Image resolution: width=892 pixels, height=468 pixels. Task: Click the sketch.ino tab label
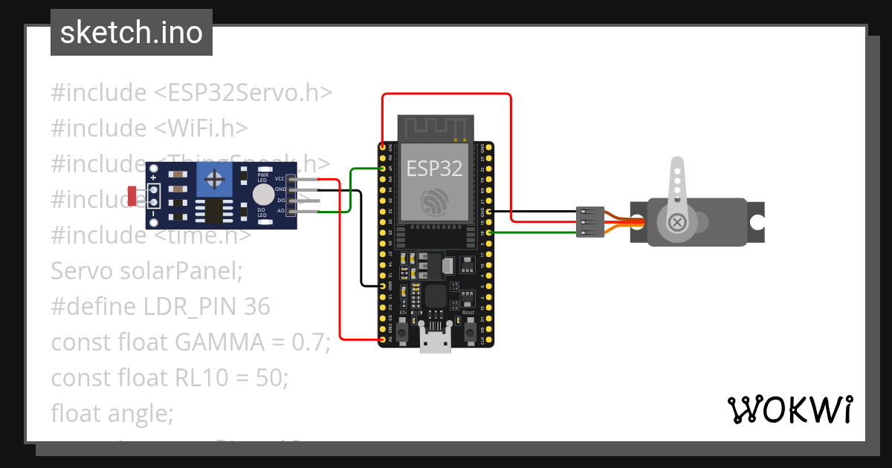pyautogui.click(x=132, y=33)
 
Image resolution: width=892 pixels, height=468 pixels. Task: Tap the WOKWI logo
pyautogui.click(x=789, y=409)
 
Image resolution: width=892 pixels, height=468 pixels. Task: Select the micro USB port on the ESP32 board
pyautogui.click(x=435, y=341)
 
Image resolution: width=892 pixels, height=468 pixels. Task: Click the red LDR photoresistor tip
pyautogui.click(x=132, y=196)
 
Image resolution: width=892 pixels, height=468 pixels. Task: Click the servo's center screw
pyautogui.click(x=677, y=221)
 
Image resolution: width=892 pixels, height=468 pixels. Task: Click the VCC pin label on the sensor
pyautogui.click(x=279, y=179)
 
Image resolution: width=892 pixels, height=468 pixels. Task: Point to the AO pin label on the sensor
pyautogui.click(x=281, y=211)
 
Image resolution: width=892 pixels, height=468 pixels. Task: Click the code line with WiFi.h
pyautogui.click(x=149, y=128)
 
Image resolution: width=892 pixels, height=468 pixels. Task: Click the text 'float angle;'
pyautogui.click(x=111, y=413)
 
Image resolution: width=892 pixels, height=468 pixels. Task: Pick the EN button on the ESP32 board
pyautogui.click(x=402, y=334)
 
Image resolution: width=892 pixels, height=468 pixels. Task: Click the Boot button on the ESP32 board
pyautogui.click(x=469, y=334)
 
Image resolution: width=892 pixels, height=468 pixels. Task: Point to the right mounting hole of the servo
pyautogui.click(x=757, y=221)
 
